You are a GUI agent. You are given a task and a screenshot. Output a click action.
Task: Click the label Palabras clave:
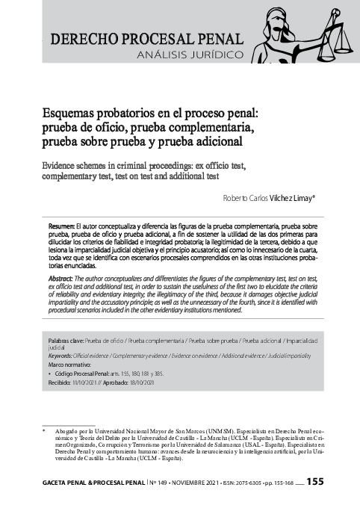66,340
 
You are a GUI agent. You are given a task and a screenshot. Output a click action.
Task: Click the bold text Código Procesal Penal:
84,373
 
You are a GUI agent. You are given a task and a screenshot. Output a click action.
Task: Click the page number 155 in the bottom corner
314,483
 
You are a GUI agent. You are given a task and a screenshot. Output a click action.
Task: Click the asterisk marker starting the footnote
44,431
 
